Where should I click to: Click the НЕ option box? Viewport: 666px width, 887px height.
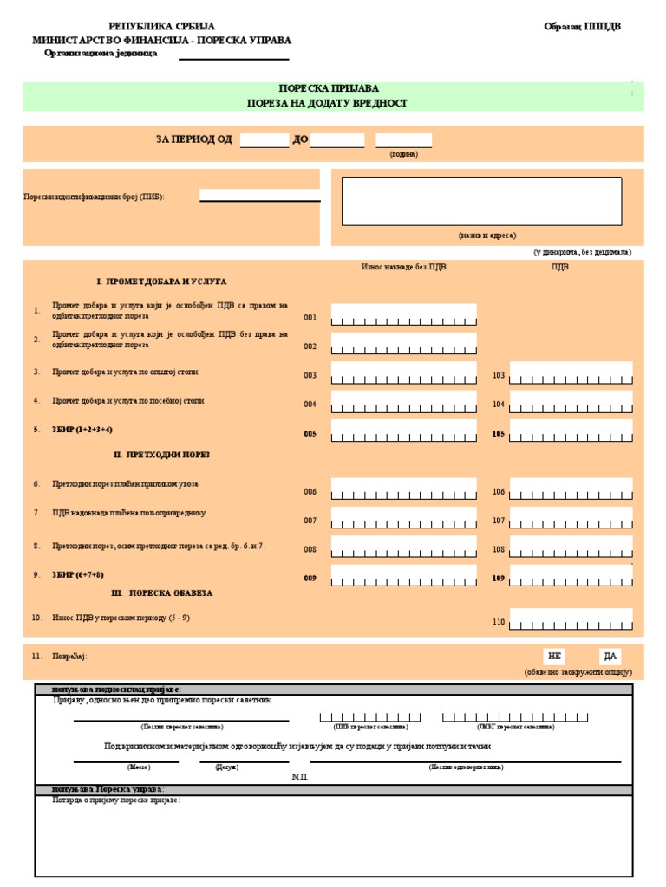(555, 656)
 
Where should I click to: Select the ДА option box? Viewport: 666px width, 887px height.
(610, 656)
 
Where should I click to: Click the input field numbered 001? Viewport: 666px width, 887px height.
(403, 316)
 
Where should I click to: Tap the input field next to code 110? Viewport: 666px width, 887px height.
(571, 620)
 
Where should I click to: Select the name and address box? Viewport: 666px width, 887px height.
(481, 201)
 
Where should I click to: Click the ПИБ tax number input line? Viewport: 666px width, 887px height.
(259, 196)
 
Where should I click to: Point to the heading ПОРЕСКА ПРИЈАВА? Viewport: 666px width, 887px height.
(328, 88)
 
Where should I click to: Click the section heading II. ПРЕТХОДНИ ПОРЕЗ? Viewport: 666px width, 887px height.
(161, 455)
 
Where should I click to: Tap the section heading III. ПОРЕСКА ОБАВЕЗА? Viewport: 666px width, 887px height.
(161, 593)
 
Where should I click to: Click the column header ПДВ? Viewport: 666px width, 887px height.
(559, 267)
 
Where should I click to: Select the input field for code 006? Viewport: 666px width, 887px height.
(403, 490)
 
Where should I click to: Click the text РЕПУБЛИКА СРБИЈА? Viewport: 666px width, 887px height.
(161, 26)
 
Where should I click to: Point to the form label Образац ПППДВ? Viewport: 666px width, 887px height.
(582, 26)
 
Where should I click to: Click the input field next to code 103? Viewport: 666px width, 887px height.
(571, 374)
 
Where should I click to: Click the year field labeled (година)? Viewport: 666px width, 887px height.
(403, 140)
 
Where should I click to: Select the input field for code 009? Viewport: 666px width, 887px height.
(403, 577)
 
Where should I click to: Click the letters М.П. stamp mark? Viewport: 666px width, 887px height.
(300, 778)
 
